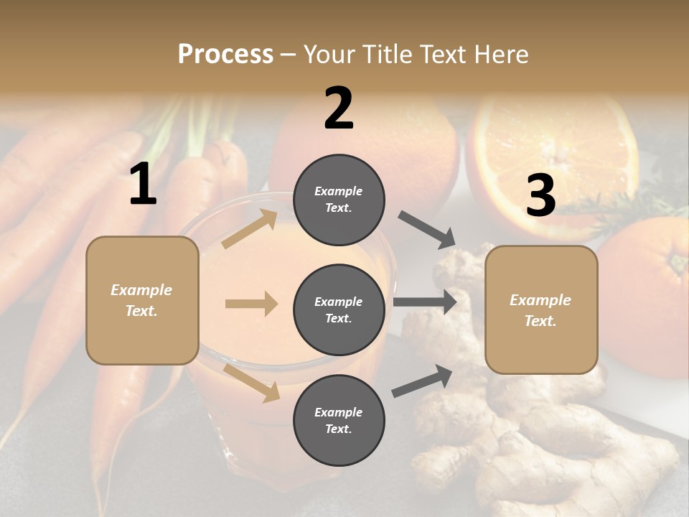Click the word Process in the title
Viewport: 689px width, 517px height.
pos(225,54)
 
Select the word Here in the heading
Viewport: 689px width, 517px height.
pos(500,54)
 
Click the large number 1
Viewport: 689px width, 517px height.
pos(143,185)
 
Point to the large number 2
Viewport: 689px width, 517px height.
pos(339,108)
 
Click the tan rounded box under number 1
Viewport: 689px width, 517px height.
pos(142,300)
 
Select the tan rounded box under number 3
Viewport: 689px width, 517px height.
pos(541,310)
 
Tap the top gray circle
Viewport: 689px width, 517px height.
pos(339,200)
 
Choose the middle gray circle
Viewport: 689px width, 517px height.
pos(339,309)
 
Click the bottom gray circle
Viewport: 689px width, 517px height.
pos(339,420)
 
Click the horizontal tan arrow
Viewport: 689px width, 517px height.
pos(251,304)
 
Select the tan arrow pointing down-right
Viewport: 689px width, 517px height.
pos(252,382)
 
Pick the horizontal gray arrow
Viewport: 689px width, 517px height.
pos(425,302)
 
